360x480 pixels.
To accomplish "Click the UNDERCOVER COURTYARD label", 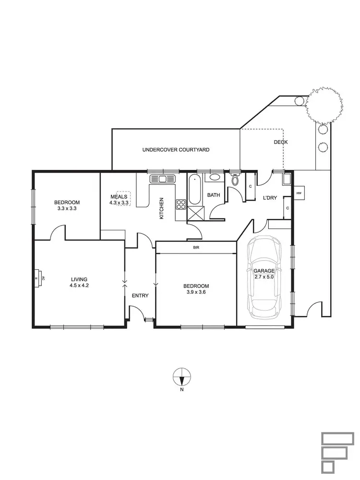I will click(x=176, y=150).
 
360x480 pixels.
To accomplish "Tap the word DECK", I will click(x=280, y=142).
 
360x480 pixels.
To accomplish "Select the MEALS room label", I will click(x=119, y=196).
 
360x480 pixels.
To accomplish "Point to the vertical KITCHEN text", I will click(x=162, y=208).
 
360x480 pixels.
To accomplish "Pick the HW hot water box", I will click(x=299, y=193).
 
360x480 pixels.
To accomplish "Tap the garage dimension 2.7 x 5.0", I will click(x=264, y=277).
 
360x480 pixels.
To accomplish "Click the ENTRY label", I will click(x=140, y=296).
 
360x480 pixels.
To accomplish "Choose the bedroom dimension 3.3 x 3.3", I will click(x=67, y=209).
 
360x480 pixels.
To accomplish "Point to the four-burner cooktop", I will click(x=181, y=205).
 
